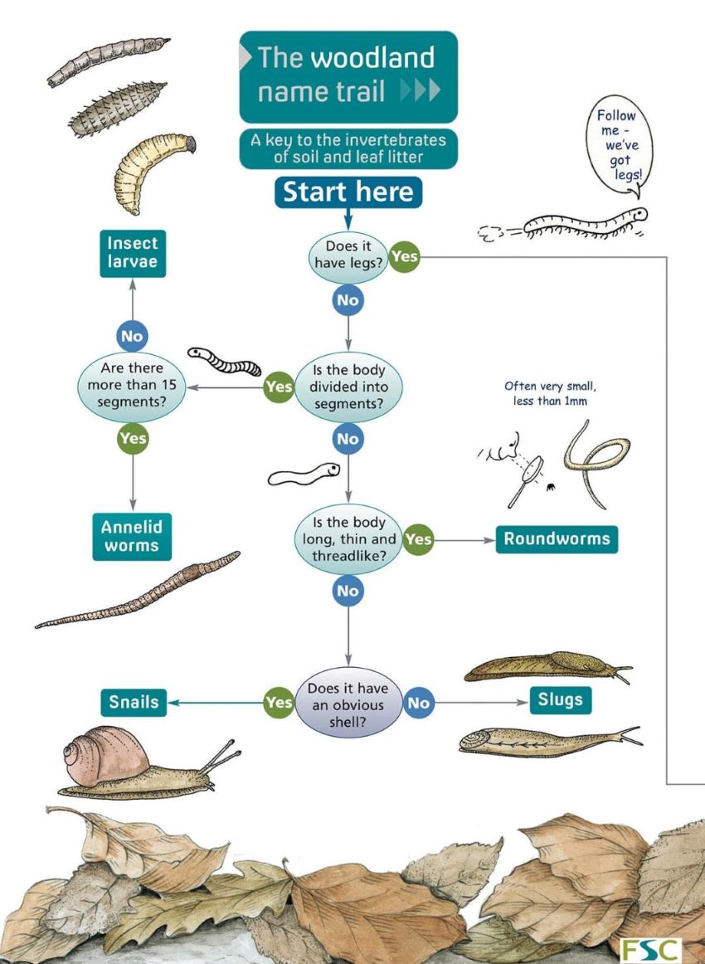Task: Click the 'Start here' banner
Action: [x=348, y=192]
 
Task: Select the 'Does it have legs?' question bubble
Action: [x=348, y=257]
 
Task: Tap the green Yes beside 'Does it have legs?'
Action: [x=404, y=256]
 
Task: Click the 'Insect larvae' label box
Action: [x=132, y=254]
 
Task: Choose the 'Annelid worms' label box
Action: [x=132, y=536]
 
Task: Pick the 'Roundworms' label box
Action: [x=557, y=539]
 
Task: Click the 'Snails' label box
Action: [x=134, y=703]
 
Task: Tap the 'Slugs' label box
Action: [x=560, y=700]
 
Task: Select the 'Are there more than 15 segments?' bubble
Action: [x=132, y=386]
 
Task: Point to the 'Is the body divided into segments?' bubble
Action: [x=348, y=387]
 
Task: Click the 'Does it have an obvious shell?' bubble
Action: [x=348, y=703]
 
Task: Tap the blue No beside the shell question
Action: [x=419, y=704]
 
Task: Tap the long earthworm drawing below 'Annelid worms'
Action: [x=137, y=591]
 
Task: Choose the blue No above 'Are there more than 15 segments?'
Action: [x=132, y=336]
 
